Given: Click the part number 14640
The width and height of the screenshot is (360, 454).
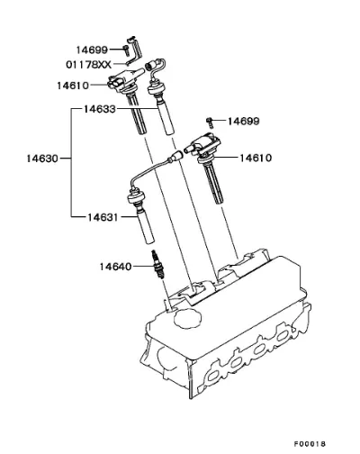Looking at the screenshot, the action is (115, 267).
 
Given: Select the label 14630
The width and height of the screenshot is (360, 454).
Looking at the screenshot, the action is (42, 159).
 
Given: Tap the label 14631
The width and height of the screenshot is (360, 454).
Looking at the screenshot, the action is (103, 217).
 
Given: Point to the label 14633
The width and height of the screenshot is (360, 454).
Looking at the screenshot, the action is (99, 109).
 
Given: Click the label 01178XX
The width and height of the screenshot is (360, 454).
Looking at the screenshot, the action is (88, 65).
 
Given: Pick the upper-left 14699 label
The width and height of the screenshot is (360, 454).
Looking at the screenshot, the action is (92, 50).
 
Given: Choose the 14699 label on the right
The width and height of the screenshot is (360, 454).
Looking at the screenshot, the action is (244, 122).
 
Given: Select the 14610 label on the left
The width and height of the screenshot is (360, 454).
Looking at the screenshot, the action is (73, 86).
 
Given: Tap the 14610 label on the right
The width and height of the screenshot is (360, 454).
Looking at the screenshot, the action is (256, 158).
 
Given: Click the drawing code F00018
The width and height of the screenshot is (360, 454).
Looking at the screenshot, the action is (310, 444).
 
